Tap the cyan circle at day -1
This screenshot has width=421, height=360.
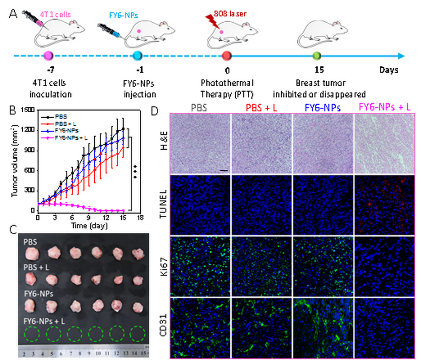point(137,55)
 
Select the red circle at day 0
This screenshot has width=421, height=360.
point(227,55)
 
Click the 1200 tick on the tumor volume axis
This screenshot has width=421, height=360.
point(29,130)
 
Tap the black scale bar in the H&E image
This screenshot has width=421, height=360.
point(224,170)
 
